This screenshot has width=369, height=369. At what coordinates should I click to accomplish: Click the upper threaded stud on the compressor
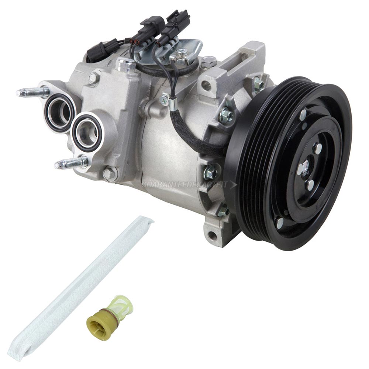click(33, 92)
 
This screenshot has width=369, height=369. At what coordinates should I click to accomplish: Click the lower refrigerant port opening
click(87, 132)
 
